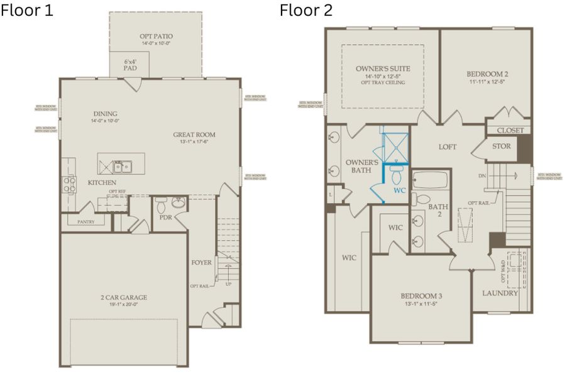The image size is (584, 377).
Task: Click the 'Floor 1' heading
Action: (x=27, y=11)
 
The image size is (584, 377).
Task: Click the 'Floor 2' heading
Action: (x=306, y=11)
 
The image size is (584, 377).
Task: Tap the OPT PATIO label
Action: (x=156, y=36)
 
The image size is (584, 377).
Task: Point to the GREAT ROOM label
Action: (x=194, y=134)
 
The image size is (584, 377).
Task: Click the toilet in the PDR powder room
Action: (x=161, y=204)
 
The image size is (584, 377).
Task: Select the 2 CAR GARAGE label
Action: (x=123, y=297)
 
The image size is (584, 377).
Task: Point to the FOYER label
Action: (x=201, y=262)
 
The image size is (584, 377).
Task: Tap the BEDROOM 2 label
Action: (x=487, y=74)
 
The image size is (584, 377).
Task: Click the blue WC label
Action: (x=399, y=188)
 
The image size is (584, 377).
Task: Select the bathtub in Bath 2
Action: (x=430, y=180)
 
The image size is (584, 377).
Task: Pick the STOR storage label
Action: (x=501, y=146)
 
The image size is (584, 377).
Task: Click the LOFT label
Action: (x=447, y=147)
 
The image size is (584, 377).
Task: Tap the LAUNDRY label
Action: (x=500, y=293)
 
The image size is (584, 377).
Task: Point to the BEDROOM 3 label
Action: (x=422, y=296)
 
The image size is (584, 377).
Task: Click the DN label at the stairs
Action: (x=482, y=175)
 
